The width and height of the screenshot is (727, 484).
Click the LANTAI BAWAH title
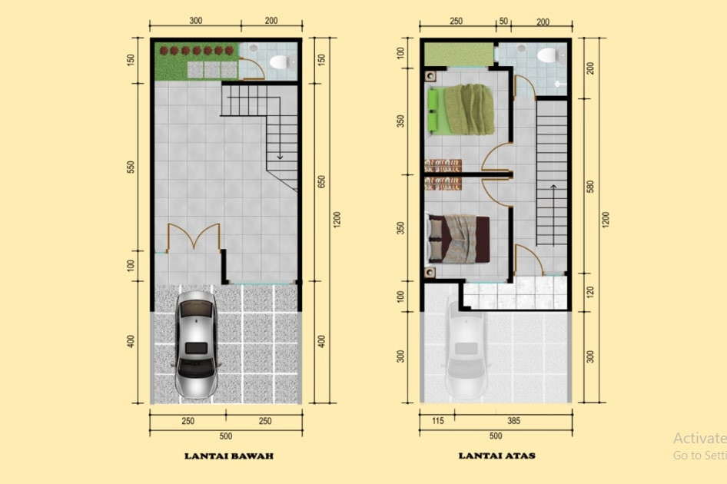tap(229, 456)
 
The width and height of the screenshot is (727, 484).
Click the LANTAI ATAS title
tap(496, 456)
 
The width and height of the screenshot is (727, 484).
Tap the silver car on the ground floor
tap(196, 344)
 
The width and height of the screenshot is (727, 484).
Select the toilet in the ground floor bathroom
tap(281, 61)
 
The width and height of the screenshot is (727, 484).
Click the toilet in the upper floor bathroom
tap(549, 55)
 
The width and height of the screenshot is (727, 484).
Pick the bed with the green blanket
tap(460, 110)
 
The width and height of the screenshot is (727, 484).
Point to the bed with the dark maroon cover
tap(459, 239)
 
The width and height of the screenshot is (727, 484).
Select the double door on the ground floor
tap(194, 236)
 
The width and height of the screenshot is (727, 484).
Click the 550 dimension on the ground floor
tap(131, 167)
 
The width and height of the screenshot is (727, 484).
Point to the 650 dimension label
tap(322, 181)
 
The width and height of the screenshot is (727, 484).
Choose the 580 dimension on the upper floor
tap(590, 187)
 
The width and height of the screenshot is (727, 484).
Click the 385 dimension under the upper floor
tap(513, 421)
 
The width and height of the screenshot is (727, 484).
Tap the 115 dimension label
tap(438, 421)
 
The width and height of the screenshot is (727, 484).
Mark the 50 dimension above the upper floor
tap(503, 22)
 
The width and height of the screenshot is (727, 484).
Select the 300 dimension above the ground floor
tap(196, 21)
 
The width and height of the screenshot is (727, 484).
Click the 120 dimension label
tap(590, 293)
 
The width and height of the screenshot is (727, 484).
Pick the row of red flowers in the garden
tap(197, 50)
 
